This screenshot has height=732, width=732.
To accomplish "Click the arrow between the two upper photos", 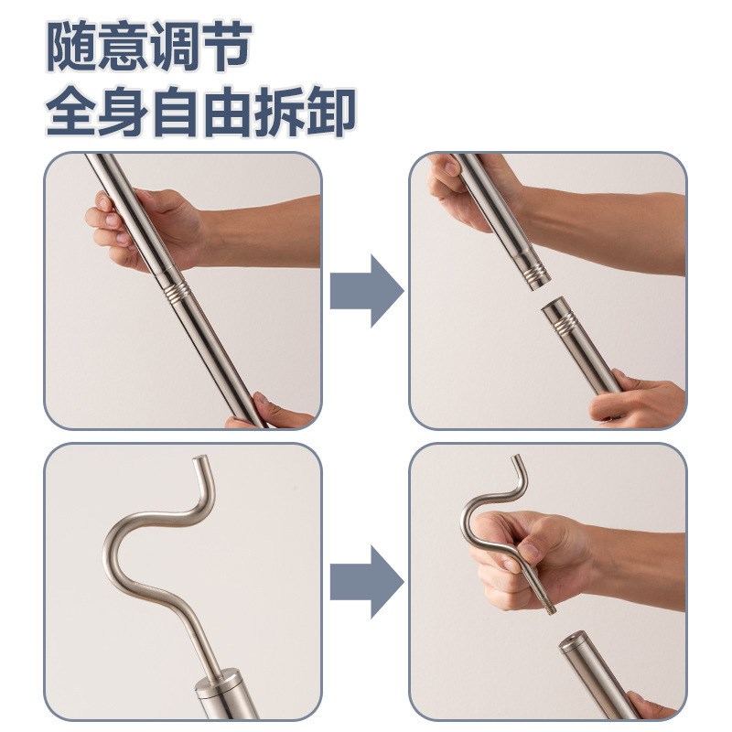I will (x=366, y=291).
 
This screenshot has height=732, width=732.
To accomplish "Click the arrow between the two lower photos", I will (x=366, y=581).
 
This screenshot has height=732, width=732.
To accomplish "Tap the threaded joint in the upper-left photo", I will (x=178, y=290).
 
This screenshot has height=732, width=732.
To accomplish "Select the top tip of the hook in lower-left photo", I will (x=196, y=457).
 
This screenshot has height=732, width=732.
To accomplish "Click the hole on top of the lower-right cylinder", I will (x=577, y=637).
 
